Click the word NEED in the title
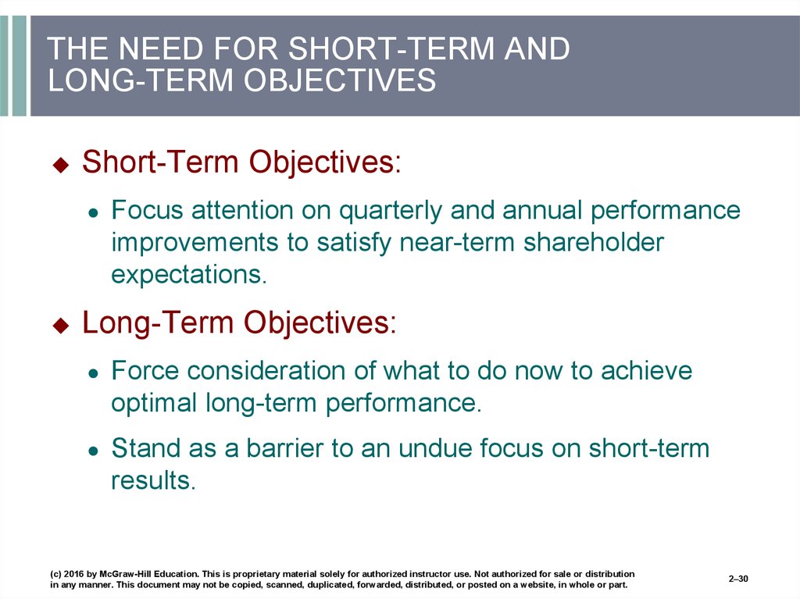[x=161, y=48]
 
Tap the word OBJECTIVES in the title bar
[x=339, y=80]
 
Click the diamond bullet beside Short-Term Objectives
[x=61, y=164]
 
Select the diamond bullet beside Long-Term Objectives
[x=61, y=325]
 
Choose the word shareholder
[x=594, y=242]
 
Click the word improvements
[x=195, y=243]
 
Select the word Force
[x=145, y=370]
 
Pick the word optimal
[x=154, y=404]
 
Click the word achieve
[x=646, y=370]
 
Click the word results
[x=153, y=480]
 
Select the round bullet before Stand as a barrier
[x=93, y=451]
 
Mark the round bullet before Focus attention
[x=93, y=213]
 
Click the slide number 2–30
[x=738, y=579]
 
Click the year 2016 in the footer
[x=73, y=573]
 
